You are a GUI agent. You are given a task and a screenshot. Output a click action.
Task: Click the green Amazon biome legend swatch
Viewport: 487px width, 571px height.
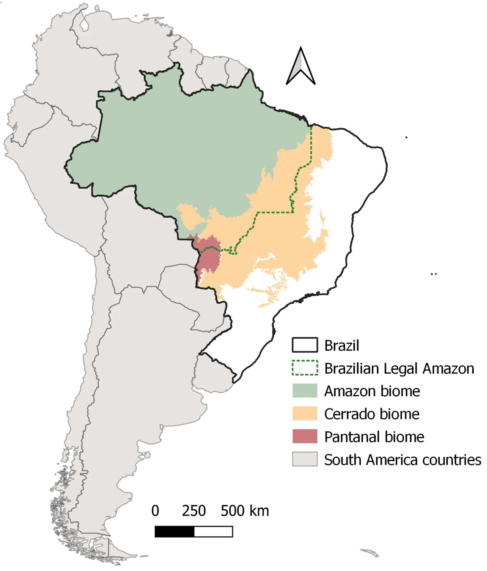coord(305,391)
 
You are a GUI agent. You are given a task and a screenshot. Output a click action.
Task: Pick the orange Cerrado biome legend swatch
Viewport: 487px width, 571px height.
coord(305,414)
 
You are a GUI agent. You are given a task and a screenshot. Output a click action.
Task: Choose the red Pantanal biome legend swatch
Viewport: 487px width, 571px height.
coord(305,436)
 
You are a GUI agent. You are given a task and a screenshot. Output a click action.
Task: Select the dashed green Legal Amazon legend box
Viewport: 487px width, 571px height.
coord(305,368)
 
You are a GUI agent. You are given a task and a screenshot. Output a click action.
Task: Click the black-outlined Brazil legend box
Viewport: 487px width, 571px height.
coord(305,345)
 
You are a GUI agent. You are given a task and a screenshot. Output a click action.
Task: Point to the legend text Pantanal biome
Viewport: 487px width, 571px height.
coord(374,437)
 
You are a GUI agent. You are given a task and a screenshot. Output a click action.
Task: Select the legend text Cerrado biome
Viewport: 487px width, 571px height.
coord(371,414)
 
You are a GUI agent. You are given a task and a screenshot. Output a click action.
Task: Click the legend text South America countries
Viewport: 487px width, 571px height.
coord(402,460)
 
